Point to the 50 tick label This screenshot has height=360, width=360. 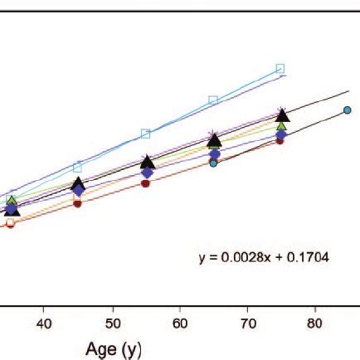tap(114, 322)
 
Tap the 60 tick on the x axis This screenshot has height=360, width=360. tap(181, 322)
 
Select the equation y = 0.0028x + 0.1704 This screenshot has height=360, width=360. tap(263, 258)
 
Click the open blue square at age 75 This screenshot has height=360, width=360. tap(280, 68)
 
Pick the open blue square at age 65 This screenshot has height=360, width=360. tap(213, 100)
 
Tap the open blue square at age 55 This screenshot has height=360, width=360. tap(146, 134)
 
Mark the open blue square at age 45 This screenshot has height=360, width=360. tap(78, 168)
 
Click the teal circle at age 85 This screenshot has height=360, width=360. tap(348, 109)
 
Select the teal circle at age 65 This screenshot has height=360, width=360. tap(213, 163)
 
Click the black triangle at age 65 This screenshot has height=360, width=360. tap(214, 139)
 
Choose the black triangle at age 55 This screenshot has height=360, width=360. tap(147, 162)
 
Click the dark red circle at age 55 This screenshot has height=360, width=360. tap(146, 184)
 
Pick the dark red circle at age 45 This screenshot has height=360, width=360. tap(78, 203)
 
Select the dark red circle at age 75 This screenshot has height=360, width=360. tap(280, 141)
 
